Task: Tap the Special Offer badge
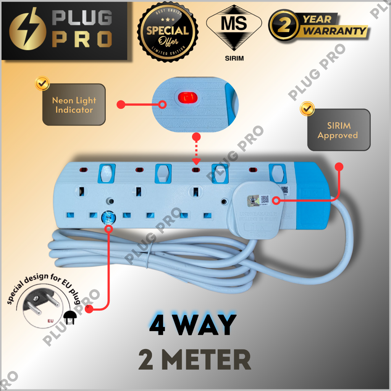(x=168, y=31)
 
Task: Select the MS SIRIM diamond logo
(x=234, y=28)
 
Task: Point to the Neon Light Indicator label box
(x=74, y=105)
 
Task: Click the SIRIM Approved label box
(x=339, y=130)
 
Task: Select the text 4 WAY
(x=192, y=325)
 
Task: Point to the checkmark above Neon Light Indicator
(x=42, y=83)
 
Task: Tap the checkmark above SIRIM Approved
(x=307, y=108)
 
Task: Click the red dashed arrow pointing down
(x=196, y=151)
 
